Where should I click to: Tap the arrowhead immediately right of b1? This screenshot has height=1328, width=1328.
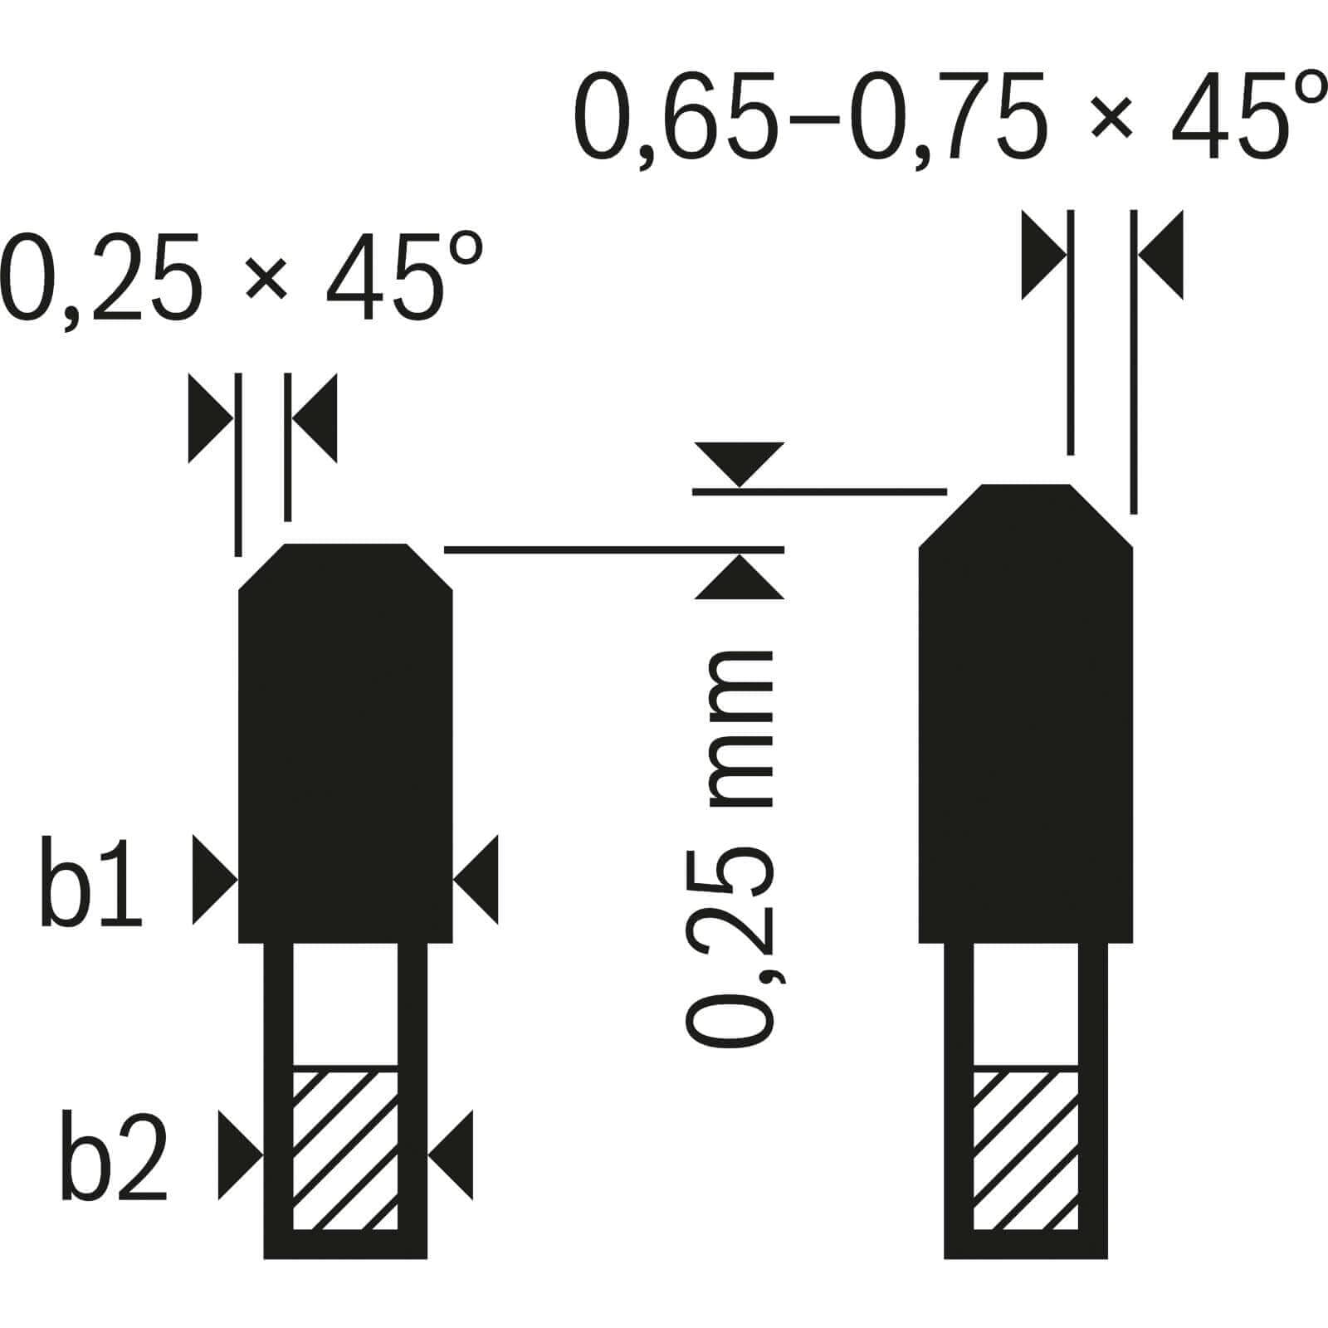pos(215,880)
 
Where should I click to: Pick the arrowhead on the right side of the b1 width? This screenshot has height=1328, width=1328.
pos(476,880)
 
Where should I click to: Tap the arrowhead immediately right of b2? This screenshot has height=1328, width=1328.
pos(241,1155)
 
